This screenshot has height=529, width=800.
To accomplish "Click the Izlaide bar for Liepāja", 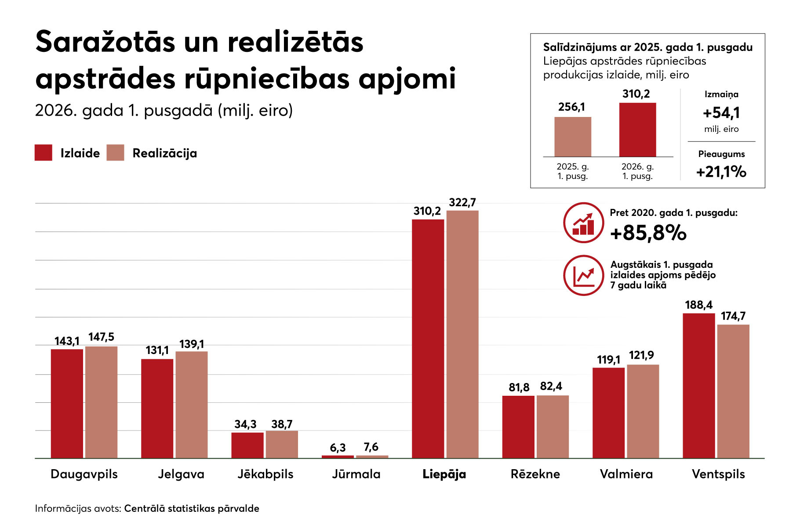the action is click(x=428, y=339).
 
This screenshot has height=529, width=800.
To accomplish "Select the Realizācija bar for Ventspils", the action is click(x=733, y=391).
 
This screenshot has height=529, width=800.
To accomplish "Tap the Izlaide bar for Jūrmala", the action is click(x=338, y=457).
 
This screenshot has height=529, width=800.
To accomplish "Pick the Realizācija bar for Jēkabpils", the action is click(x=282, y=445).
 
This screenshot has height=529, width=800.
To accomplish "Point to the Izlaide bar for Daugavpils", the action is click(x=67, y=404).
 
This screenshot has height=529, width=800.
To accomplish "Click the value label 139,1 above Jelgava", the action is click(x=192, y=344).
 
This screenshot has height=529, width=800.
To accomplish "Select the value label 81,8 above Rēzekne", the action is click(x=519, y=387).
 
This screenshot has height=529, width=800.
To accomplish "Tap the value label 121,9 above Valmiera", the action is click(x=641, y=355).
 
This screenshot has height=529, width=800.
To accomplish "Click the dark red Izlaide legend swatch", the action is click(x=44, y=153).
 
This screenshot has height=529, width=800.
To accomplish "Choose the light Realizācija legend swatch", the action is click(x=115, y=153).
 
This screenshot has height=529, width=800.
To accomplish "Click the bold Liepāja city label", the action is click(x=444, y=474).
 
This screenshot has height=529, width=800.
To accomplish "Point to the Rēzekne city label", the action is click(x=535, y=474).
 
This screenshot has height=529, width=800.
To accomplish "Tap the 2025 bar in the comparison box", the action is click(x=573, y=137).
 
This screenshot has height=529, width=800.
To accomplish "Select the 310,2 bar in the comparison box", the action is click(x=637, y=130).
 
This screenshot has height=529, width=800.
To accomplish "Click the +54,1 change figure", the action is click(x=721, y=113).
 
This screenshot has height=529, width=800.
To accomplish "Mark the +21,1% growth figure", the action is click(x=721, y=171).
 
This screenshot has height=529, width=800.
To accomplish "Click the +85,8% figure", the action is click(x=648, y=233).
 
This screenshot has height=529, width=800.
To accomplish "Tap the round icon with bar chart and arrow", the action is click(x=583, y=223).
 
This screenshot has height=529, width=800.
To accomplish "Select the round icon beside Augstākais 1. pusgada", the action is click(x=583, y=275).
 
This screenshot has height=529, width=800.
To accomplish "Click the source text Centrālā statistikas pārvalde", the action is click(x=192, y=508).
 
